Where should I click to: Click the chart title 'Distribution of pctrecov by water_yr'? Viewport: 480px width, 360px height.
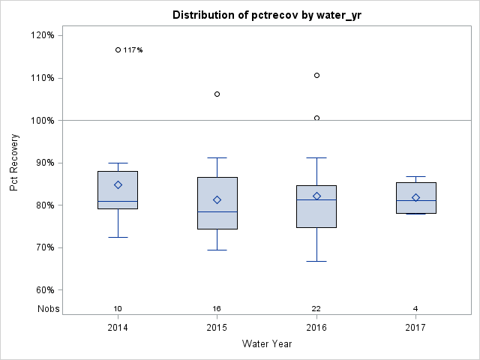point(266,15)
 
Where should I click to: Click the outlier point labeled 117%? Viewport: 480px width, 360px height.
point(118,49)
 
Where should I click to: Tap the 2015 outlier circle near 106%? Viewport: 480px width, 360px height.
point(217,94)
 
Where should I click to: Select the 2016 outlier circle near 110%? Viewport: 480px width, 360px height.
point(316,75)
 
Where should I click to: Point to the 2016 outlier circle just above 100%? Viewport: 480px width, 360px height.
point(316,118)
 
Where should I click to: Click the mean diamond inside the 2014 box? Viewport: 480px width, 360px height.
point(118,184)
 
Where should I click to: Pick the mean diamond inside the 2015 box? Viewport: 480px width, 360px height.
point(217,199)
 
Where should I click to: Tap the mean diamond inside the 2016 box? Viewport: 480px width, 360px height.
point(316,196)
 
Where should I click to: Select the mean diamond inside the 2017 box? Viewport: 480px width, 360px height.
point(415,197)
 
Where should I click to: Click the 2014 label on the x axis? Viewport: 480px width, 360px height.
point(118,328)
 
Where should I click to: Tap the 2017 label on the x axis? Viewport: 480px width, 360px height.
point(415,328)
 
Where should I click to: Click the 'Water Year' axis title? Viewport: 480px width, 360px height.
point(266,344)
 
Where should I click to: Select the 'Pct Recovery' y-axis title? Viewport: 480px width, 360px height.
point(15,163)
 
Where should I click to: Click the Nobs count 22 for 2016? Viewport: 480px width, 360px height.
point(316,309)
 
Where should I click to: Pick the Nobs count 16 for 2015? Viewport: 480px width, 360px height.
point(217,309)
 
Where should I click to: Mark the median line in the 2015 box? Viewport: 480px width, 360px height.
point(217,211)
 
